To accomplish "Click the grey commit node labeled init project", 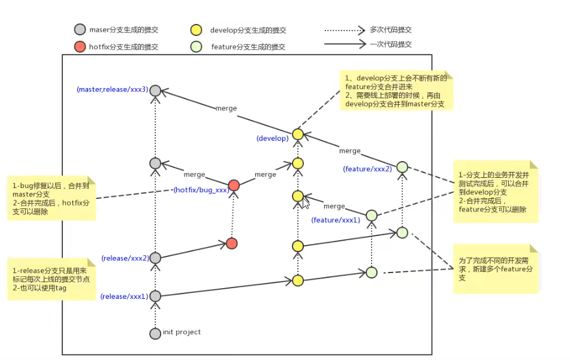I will pos(155,333).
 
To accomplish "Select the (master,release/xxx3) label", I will pos(111,90).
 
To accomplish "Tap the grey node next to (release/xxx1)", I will pos(155,296).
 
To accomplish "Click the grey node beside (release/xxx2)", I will pos(155,258).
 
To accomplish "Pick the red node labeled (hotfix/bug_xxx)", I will pos(234,185).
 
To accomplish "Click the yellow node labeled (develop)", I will pos(298,134).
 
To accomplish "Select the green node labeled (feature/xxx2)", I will pos(402,167).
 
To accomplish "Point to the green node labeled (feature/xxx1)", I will pos(372,215).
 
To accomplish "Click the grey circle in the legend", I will pos(80,29).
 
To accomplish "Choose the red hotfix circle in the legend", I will pos(80,46).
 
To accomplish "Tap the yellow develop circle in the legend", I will pos(195,30).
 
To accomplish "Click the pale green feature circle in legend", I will pos(195,46).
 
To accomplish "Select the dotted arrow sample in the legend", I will pos(345,29).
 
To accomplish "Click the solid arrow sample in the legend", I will pos(345,44).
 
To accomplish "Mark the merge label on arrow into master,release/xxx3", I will pos(226,109).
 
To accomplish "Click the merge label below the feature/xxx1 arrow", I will pos(334,207).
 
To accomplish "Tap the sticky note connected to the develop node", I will pos(396,92).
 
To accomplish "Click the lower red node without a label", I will pos(232,243).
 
